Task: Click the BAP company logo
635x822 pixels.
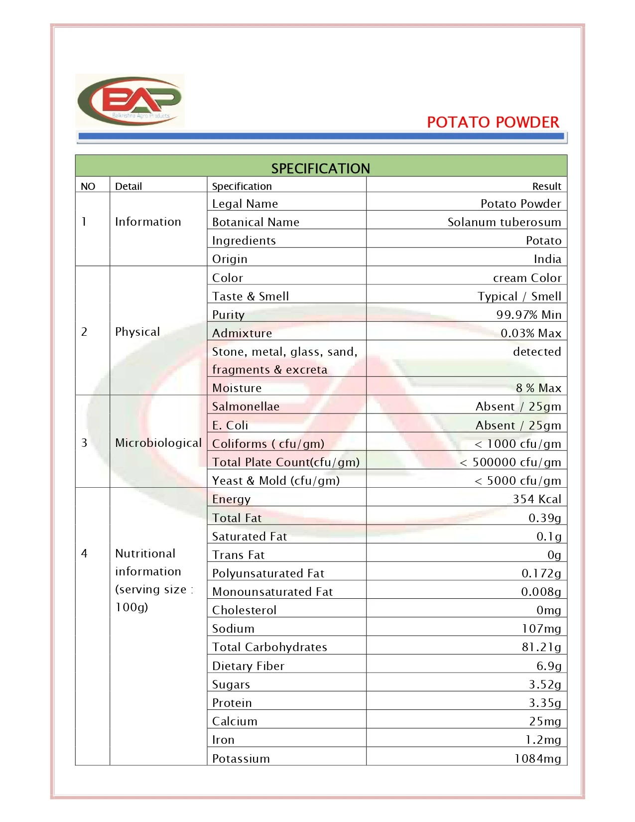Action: click(130, 101)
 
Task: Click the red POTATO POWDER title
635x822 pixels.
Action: click(493, 122)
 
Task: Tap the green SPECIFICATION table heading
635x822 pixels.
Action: click(320, 168)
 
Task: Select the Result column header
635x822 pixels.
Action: click(546, 186)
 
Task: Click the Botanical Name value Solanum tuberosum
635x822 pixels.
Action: click(504, 222)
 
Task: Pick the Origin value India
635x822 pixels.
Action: click(547, 259)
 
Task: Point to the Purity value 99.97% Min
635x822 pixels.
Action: click(528, 315)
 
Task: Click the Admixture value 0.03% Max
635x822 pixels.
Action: click(531, 333)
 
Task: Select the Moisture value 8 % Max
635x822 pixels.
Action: click(538, 388)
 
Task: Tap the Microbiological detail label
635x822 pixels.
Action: click(158, 443)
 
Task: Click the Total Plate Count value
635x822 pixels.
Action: click(510, 462)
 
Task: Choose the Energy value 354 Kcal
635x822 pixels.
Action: click(537, 499)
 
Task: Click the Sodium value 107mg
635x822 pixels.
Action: click(541, 629)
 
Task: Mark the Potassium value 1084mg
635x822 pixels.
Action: click(538, 759)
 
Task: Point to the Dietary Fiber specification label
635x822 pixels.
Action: click(248, 666)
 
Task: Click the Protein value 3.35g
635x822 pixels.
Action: click(545, 703)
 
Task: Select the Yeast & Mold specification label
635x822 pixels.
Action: click(276, 481)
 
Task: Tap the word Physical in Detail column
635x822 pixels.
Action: click(137, 332)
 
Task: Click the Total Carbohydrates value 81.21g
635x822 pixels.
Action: click(541, 647)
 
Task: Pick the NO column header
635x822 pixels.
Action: click(88, 186)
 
